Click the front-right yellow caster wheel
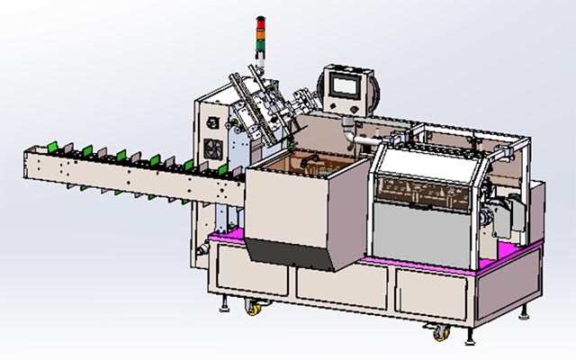[x=440, y=333]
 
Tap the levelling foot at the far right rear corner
[x=527, y=315]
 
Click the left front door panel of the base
[x=251, y=275]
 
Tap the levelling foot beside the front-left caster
[x=222, y=309]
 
